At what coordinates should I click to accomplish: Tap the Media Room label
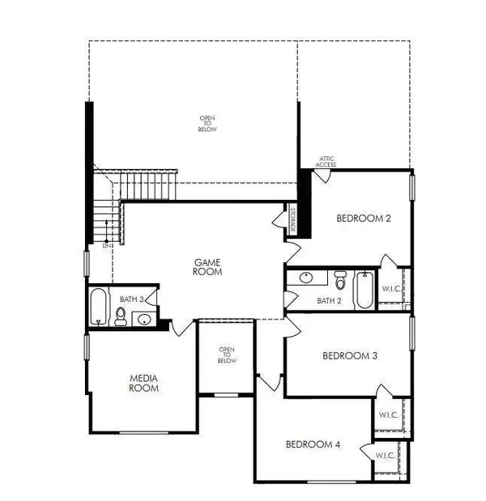click(143, 383)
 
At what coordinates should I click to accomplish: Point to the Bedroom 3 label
click(349, 355)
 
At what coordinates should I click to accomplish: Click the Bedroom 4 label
click(312, 444)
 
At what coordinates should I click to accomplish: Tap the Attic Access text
click(326, 162)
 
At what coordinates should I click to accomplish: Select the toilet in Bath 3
click(122, 316)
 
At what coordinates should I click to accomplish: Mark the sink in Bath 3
click(143, 317)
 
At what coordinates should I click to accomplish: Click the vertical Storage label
click(292, 221)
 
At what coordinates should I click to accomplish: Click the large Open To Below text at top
click(208, 123)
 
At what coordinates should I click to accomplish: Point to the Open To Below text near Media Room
click(227, 355)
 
